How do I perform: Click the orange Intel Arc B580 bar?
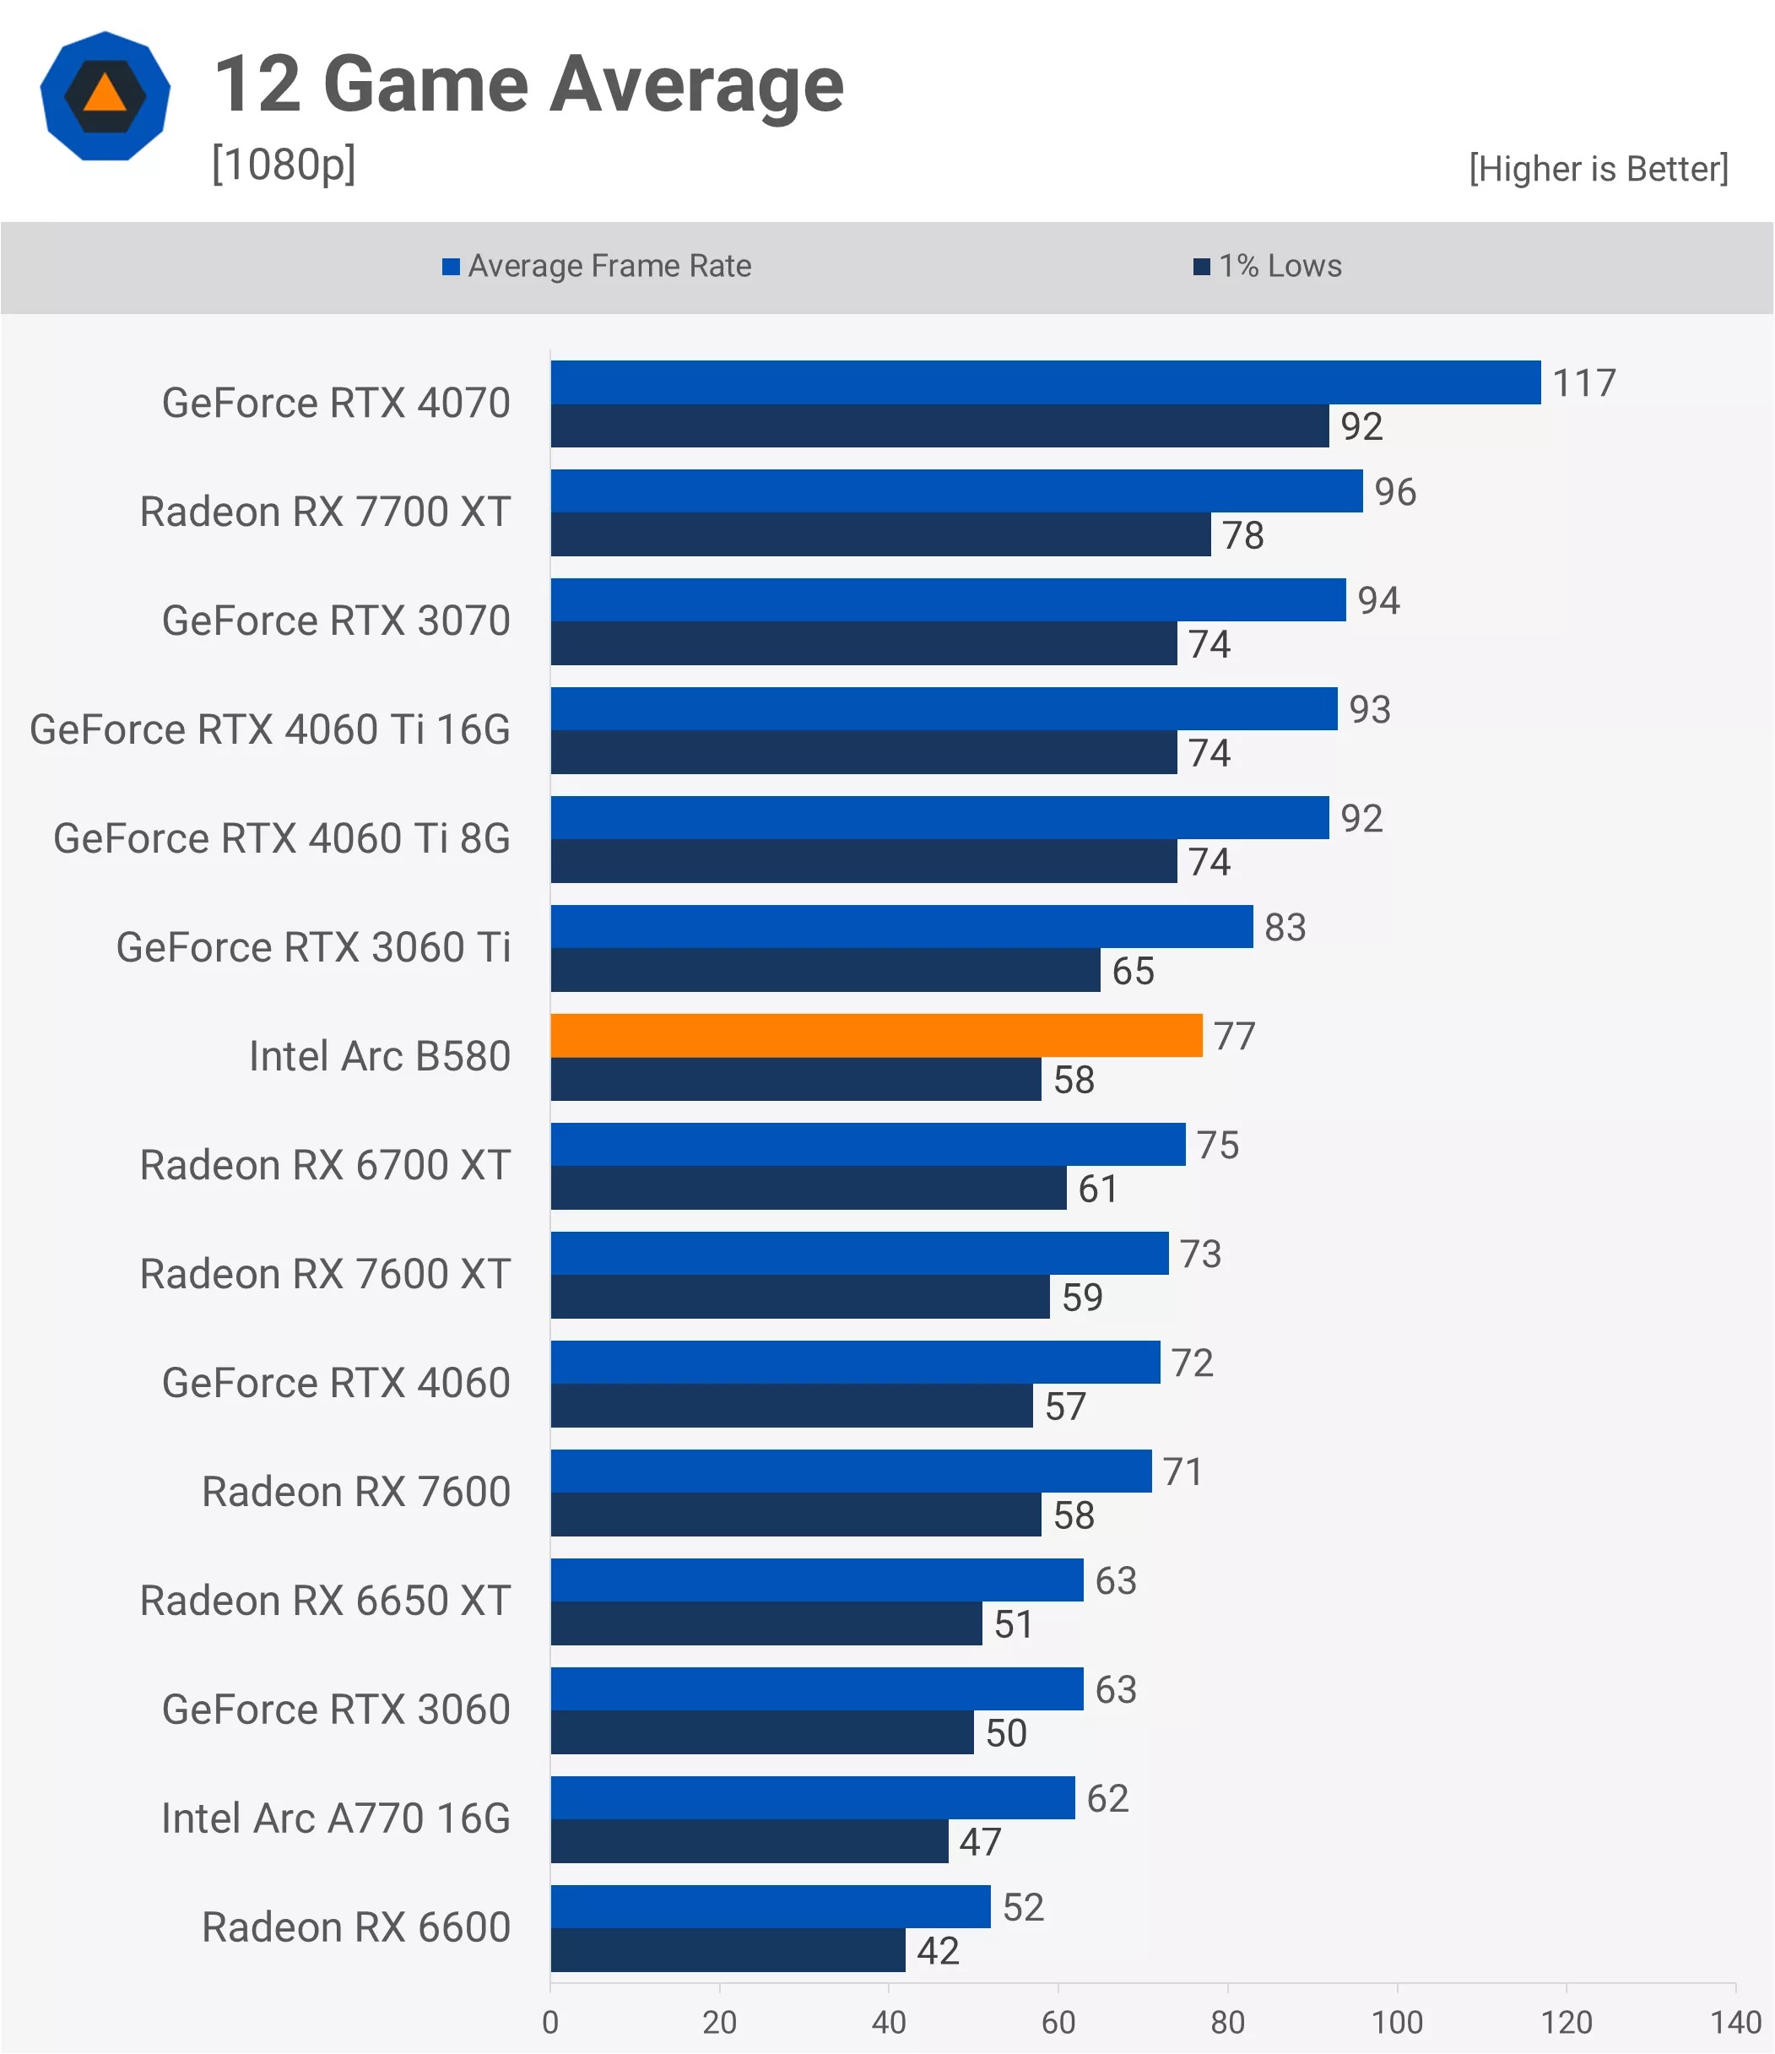[876, 1035]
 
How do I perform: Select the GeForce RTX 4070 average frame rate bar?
[1046, 382]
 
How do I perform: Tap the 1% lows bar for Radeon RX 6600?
[728, 1950]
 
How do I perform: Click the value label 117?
[1583, 382]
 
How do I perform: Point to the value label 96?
[1394, 491]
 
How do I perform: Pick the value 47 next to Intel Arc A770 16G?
[979, 1842]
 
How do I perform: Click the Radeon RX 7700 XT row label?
[325, 512]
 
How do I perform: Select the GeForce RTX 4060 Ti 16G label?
[269, 729]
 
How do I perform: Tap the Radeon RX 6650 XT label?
[325, 1601]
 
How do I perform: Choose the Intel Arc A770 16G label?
[336, 1818]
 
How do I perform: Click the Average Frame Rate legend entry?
[597, 266]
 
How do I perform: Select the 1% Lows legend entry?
[1268, 266]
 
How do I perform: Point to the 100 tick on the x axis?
[1396, 2022]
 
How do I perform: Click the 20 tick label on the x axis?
[719, 2022]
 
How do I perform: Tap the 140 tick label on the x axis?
[1735, 2022]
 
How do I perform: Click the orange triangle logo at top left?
[105, 95]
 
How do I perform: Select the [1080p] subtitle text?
[284, 164]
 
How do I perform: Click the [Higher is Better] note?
[1599, 169]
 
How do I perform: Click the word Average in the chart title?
[696, 85]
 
